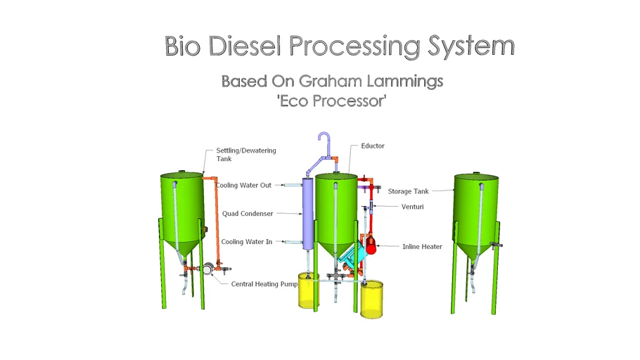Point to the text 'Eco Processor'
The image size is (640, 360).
tap(332, 101)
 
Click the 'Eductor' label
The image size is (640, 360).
tap(373, 146)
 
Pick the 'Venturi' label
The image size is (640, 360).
tap(412, 207)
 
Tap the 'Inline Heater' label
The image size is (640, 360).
tap(422, 247)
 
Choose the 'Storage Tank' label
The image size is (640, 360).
tap(409, 191)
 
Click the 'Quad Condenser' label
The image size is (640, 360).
tap(248, 214)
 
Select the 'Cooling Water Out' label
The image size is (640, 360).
tap(243, 186)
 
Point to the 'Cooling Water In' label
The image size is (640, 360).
tap(246, 242)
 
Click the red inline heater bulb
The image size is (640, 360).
tap(371, 244)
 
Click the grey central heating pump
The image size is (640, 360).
tap(208, 269)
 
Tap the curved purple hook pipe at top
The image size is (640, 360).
tap(324, 143)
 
